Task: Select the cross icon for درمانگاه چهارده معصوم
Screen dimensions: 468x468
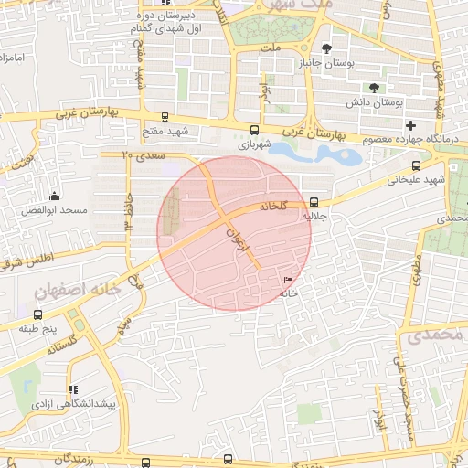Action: (411, 125)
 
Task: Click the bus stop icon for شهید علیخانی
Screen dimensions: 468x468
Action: (417, 165)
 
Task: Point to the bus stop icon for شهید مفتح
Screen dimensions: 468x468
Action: (165, 117)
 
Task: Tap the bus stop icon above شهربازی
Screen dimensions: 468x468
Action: (254, 130)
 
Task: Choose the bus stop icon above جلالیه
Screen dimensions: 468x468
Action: (314, 202)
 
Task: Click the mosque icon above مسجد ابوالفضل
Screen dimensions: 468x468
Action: (55, 196)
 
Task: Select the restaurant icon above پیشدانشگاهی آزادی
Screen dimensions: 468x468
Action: (72, 389)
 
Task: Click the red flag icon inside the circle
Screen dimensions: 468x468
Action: (289, 281)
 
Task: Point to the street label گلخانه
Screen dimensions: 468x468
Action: (273, 206)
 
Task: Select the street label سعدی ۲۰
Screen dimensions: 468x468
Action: (142, 156)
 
